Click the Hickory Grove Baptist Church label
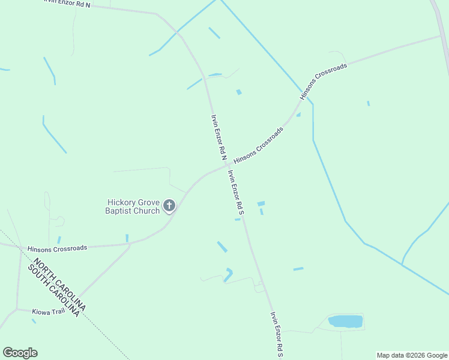coord(133,206)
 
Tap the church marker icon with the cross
coord(169,206)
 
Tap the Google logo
coord(20,353)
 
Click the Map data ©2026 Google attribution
coord(412,355)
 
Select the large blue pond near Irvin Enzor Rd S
coord(345,321)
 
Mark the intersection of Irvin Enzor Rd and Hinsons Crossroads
coord(227,166)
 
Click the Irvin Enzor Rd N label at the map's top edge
coord(67,3)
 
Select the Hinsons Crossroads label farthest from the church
coord(324,82)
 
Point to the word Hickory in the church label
coord(121,202)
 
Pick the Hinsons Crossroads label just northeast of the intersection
coord(258,145)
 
